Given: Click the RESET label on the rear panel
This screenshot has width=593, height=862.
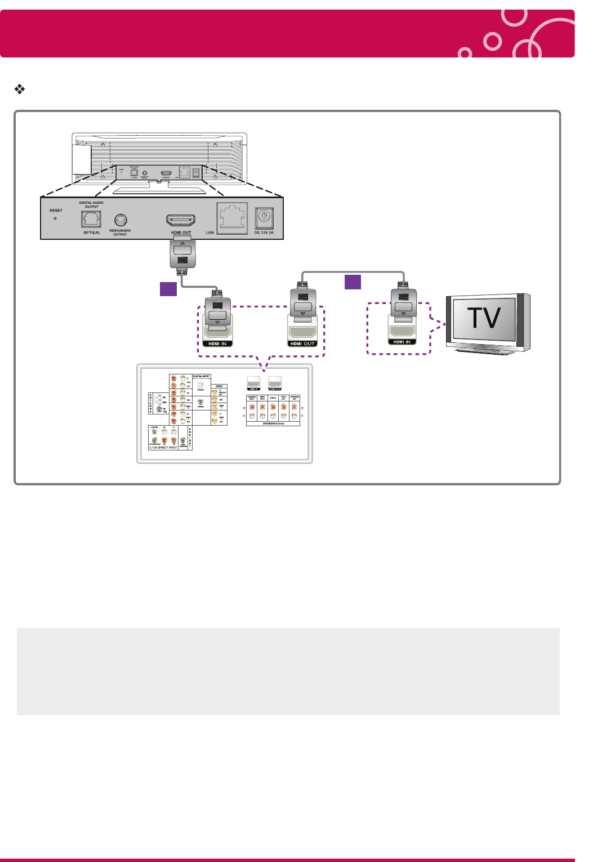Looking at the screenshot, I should click(56, 211).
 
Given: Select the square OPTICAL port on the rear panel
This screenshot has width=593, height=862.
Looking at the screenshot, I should click(91, 220).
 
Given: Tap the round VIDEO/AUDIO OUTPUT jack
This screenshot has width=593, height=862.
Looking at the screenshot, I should click(120, 220).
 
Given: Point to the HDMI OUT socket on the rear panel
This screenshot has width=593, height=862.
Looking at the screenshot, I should click(181, 220).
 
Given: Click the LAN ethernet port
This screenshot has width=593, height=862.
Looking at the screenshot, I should click(233, 218).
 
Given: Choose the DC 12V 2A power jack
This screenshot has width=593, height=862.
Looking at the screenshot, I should click(264, 217).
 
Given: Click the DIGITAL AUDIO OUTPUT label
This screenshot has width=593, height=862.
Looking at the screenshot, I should click(91, 204).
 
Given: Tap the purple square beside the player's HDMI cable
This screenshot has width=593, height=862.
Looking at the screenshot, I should click(168, 289).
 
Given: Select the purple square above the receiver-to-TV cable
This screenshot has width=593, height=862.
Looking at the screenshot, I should click(353, 282).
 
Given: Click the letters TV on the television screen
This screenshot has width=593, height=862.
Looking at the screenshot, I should click(484, 318).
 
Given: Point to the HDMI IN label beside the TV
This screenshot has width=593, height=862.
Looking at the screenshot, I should click(402, 342).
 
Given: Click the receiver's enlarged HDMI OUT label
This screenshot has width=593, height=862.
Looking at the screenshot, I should click(302, 343).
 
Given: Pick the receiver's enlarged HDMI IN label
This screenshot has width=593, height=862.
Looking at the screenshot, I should click(217, 343).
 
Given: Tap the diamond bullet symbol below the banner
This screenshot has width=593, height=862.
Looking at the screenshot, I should click(20, 89).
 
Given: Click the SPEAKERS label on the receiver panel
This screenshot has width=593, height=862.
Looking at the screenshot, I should click(273, 423).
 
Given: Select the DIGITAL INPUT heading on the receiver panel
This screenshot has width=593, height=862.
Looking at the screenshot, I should click(201, 376).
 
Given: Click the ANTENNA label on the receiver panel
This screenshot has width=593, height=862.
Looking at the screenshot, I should click(150, 403).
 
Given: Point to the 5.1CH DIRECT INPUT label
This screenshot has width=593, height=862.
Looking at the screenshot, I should click(163, 448).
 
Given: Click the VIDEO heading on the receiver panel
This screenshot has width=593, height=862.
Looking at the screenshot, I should click(219, 386).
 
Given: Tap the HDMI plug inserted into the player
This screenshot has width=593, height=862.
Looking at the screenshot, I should click(182, 253).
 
